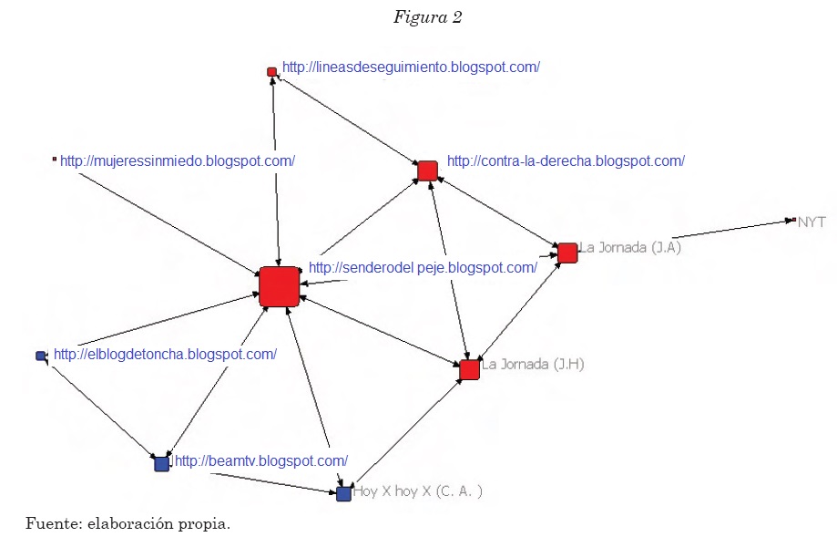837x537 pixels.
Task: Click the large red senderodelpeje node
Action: (x=279, y=286)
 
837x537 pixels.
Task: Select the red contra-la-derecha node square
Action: (x=427, y=170)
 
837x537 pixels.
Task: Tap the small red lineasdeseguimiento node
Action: (x=271, y=71)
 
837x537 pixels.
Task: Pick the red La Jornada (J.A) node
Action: (x=567, y=253)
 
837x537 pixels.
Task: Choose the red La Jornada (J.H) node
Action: (x=469, y=369)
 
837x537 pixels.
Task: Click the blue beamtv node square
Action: (x=161, y=463)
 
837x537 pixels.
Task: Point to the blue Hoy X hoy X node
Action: (x=343, y=493)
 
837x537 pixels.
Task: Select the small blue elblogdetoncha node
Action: (x=41, y=356)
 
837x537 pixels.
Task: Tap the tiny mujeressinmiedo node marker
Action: (x=55, y=160)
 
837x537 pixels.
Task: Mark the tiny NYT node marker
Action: (x=793, y=220)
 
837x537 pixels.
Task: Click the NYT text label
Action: (x=811, y=222)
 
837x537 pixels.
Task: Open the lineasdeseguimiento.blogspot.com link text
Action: (x=411, y=67)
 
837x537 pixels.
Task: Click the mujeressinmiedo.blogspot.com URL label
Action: (x=178, y=161)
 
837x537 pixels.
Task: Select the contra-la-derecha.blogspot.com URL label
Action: (x=566, y=161)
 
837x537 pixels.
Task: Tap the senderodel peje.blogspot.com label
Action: (x=423, y=268)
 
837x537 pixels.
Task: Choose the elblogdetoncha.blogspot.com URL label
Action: (x=165, y=354)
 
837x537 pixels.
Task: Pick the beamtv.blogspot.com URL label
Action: (x=261, y=460)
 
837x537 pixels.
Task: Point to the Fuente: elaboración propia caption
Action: (x=127, y=522)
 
